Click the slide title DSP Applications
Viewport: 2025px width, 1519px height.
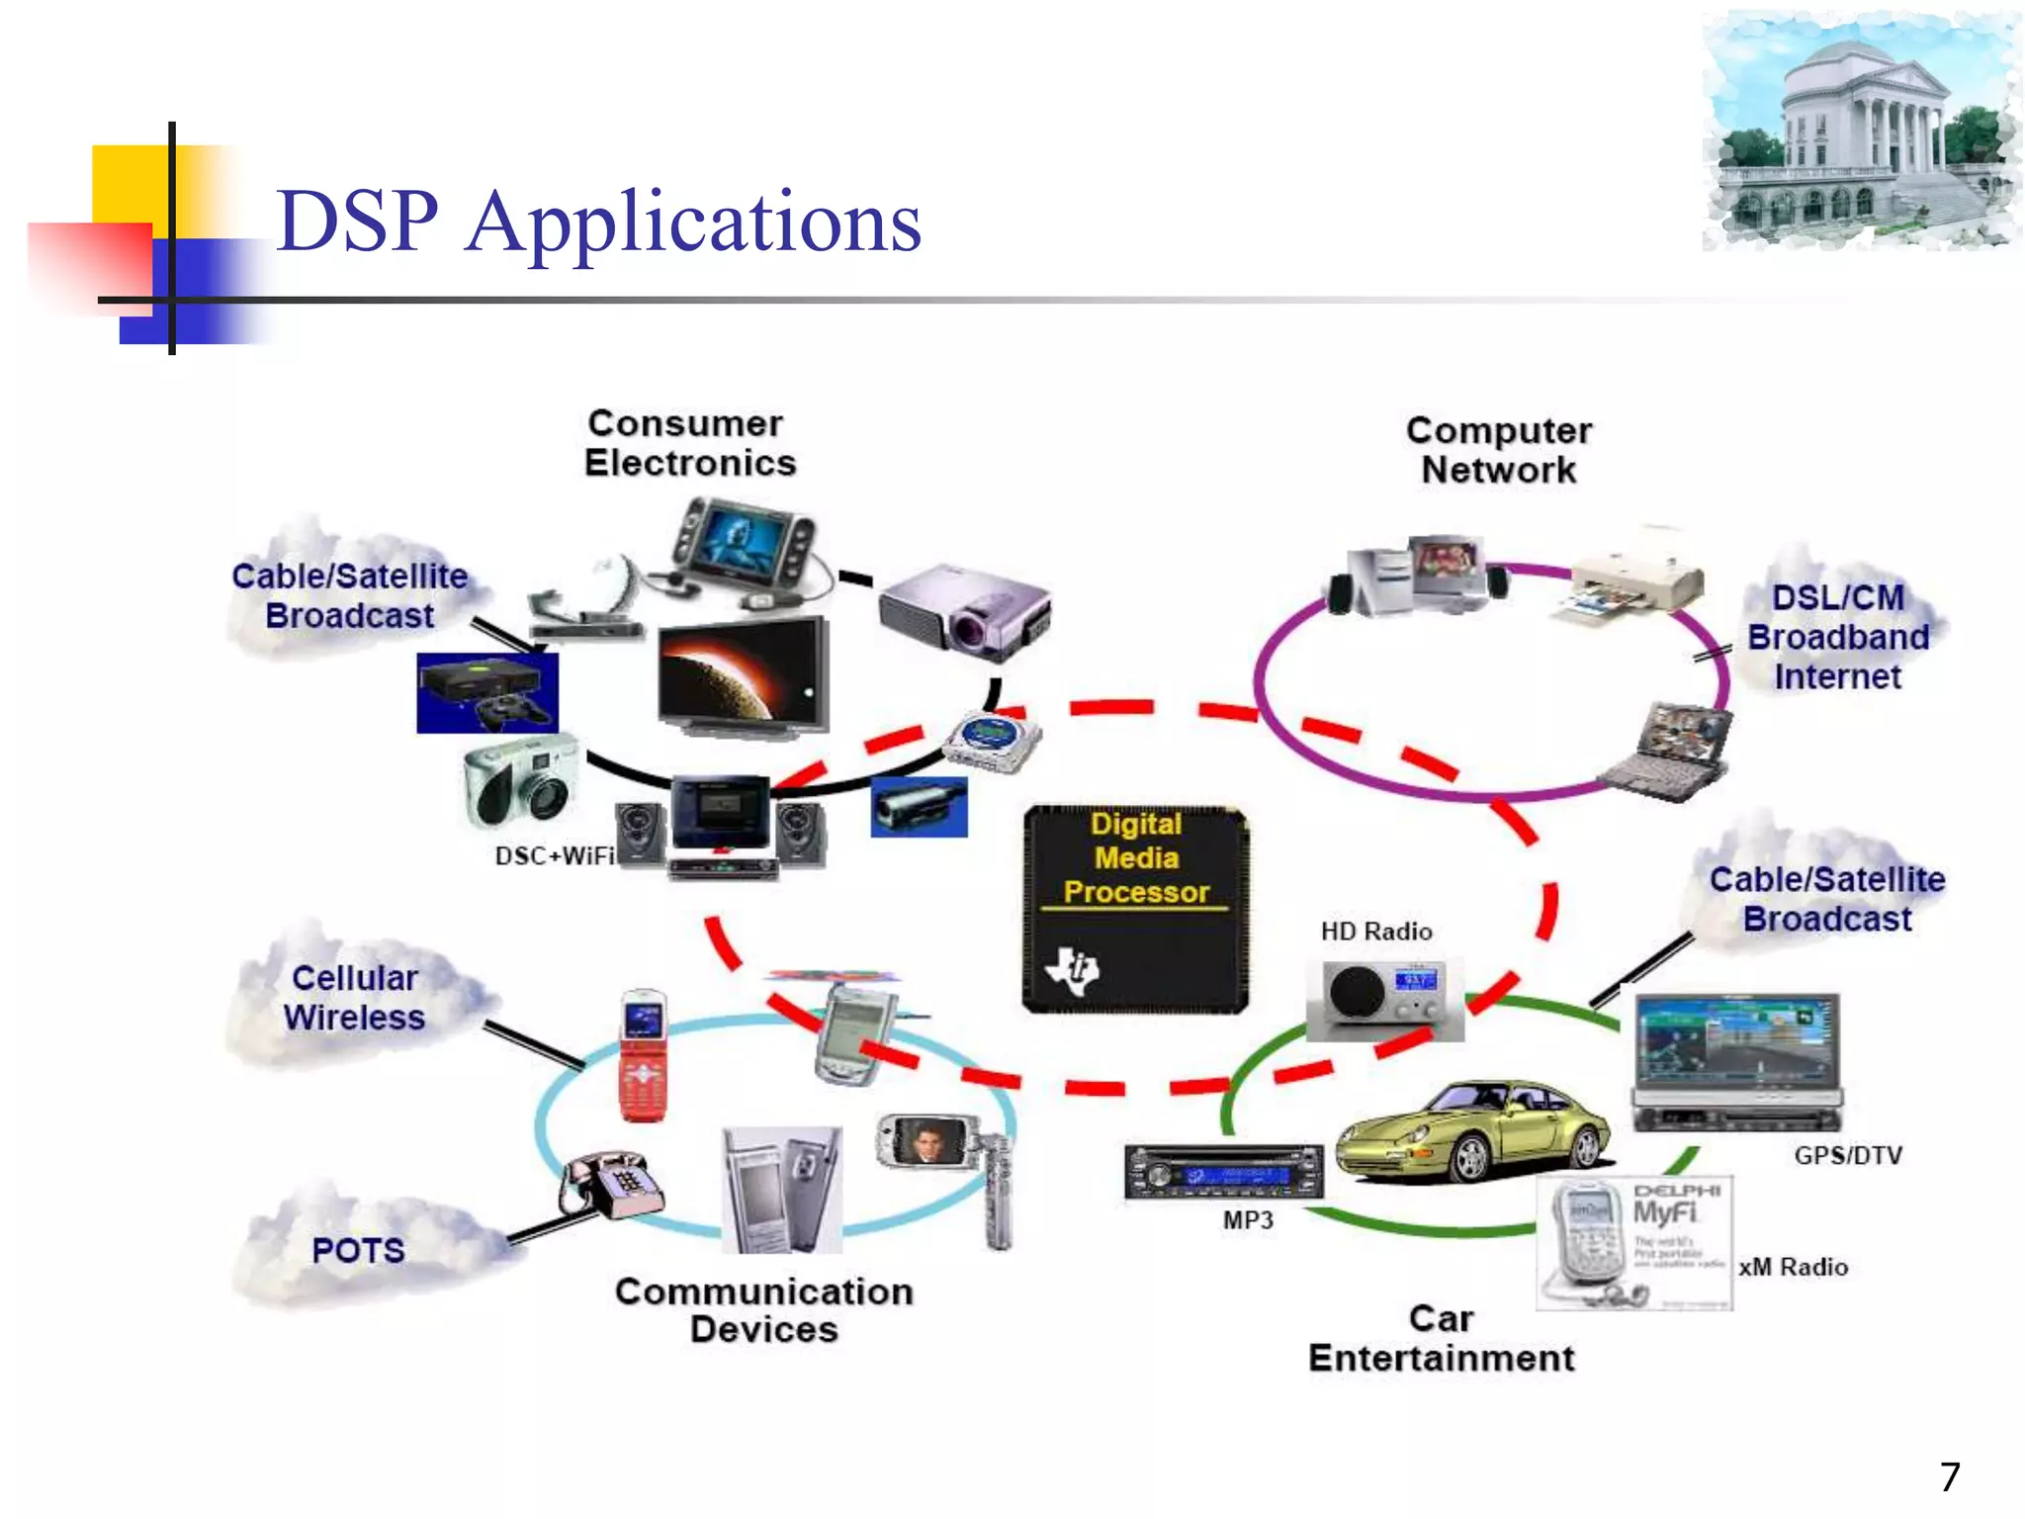[598, 222]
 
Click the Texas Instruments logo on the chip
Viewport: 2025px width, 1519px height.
[1074, 970]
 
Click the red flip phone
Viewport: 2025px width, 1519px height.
[642, 1055]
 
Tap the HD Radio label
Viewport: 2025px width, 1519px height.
[1375, 932]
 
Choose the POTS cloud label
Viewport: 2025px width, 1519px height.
[358, 1250]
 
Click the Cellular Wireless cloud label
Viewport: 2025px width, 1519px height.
[354, 998]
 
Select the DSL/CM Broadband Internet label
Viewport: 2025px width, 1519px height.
[1837, 638]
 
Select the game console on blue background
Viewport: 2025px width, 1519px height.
[486, 692]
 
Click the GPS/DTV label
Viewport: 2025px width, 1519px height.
[1847, 1155]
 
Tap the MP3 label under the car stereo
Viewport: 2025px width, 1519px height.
[1248, 1220]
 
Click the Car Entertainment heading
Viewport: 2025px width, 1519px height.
[1441, 1339]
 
